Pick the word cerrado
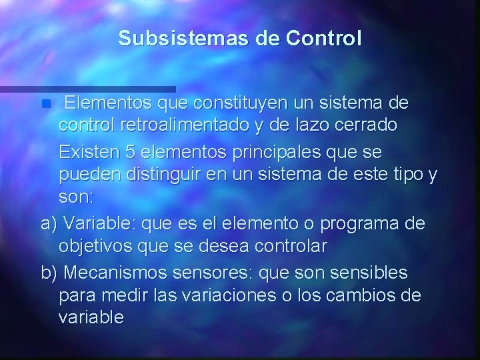click(x=363, y=125)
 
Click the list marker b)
click(x=49, y=273)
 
